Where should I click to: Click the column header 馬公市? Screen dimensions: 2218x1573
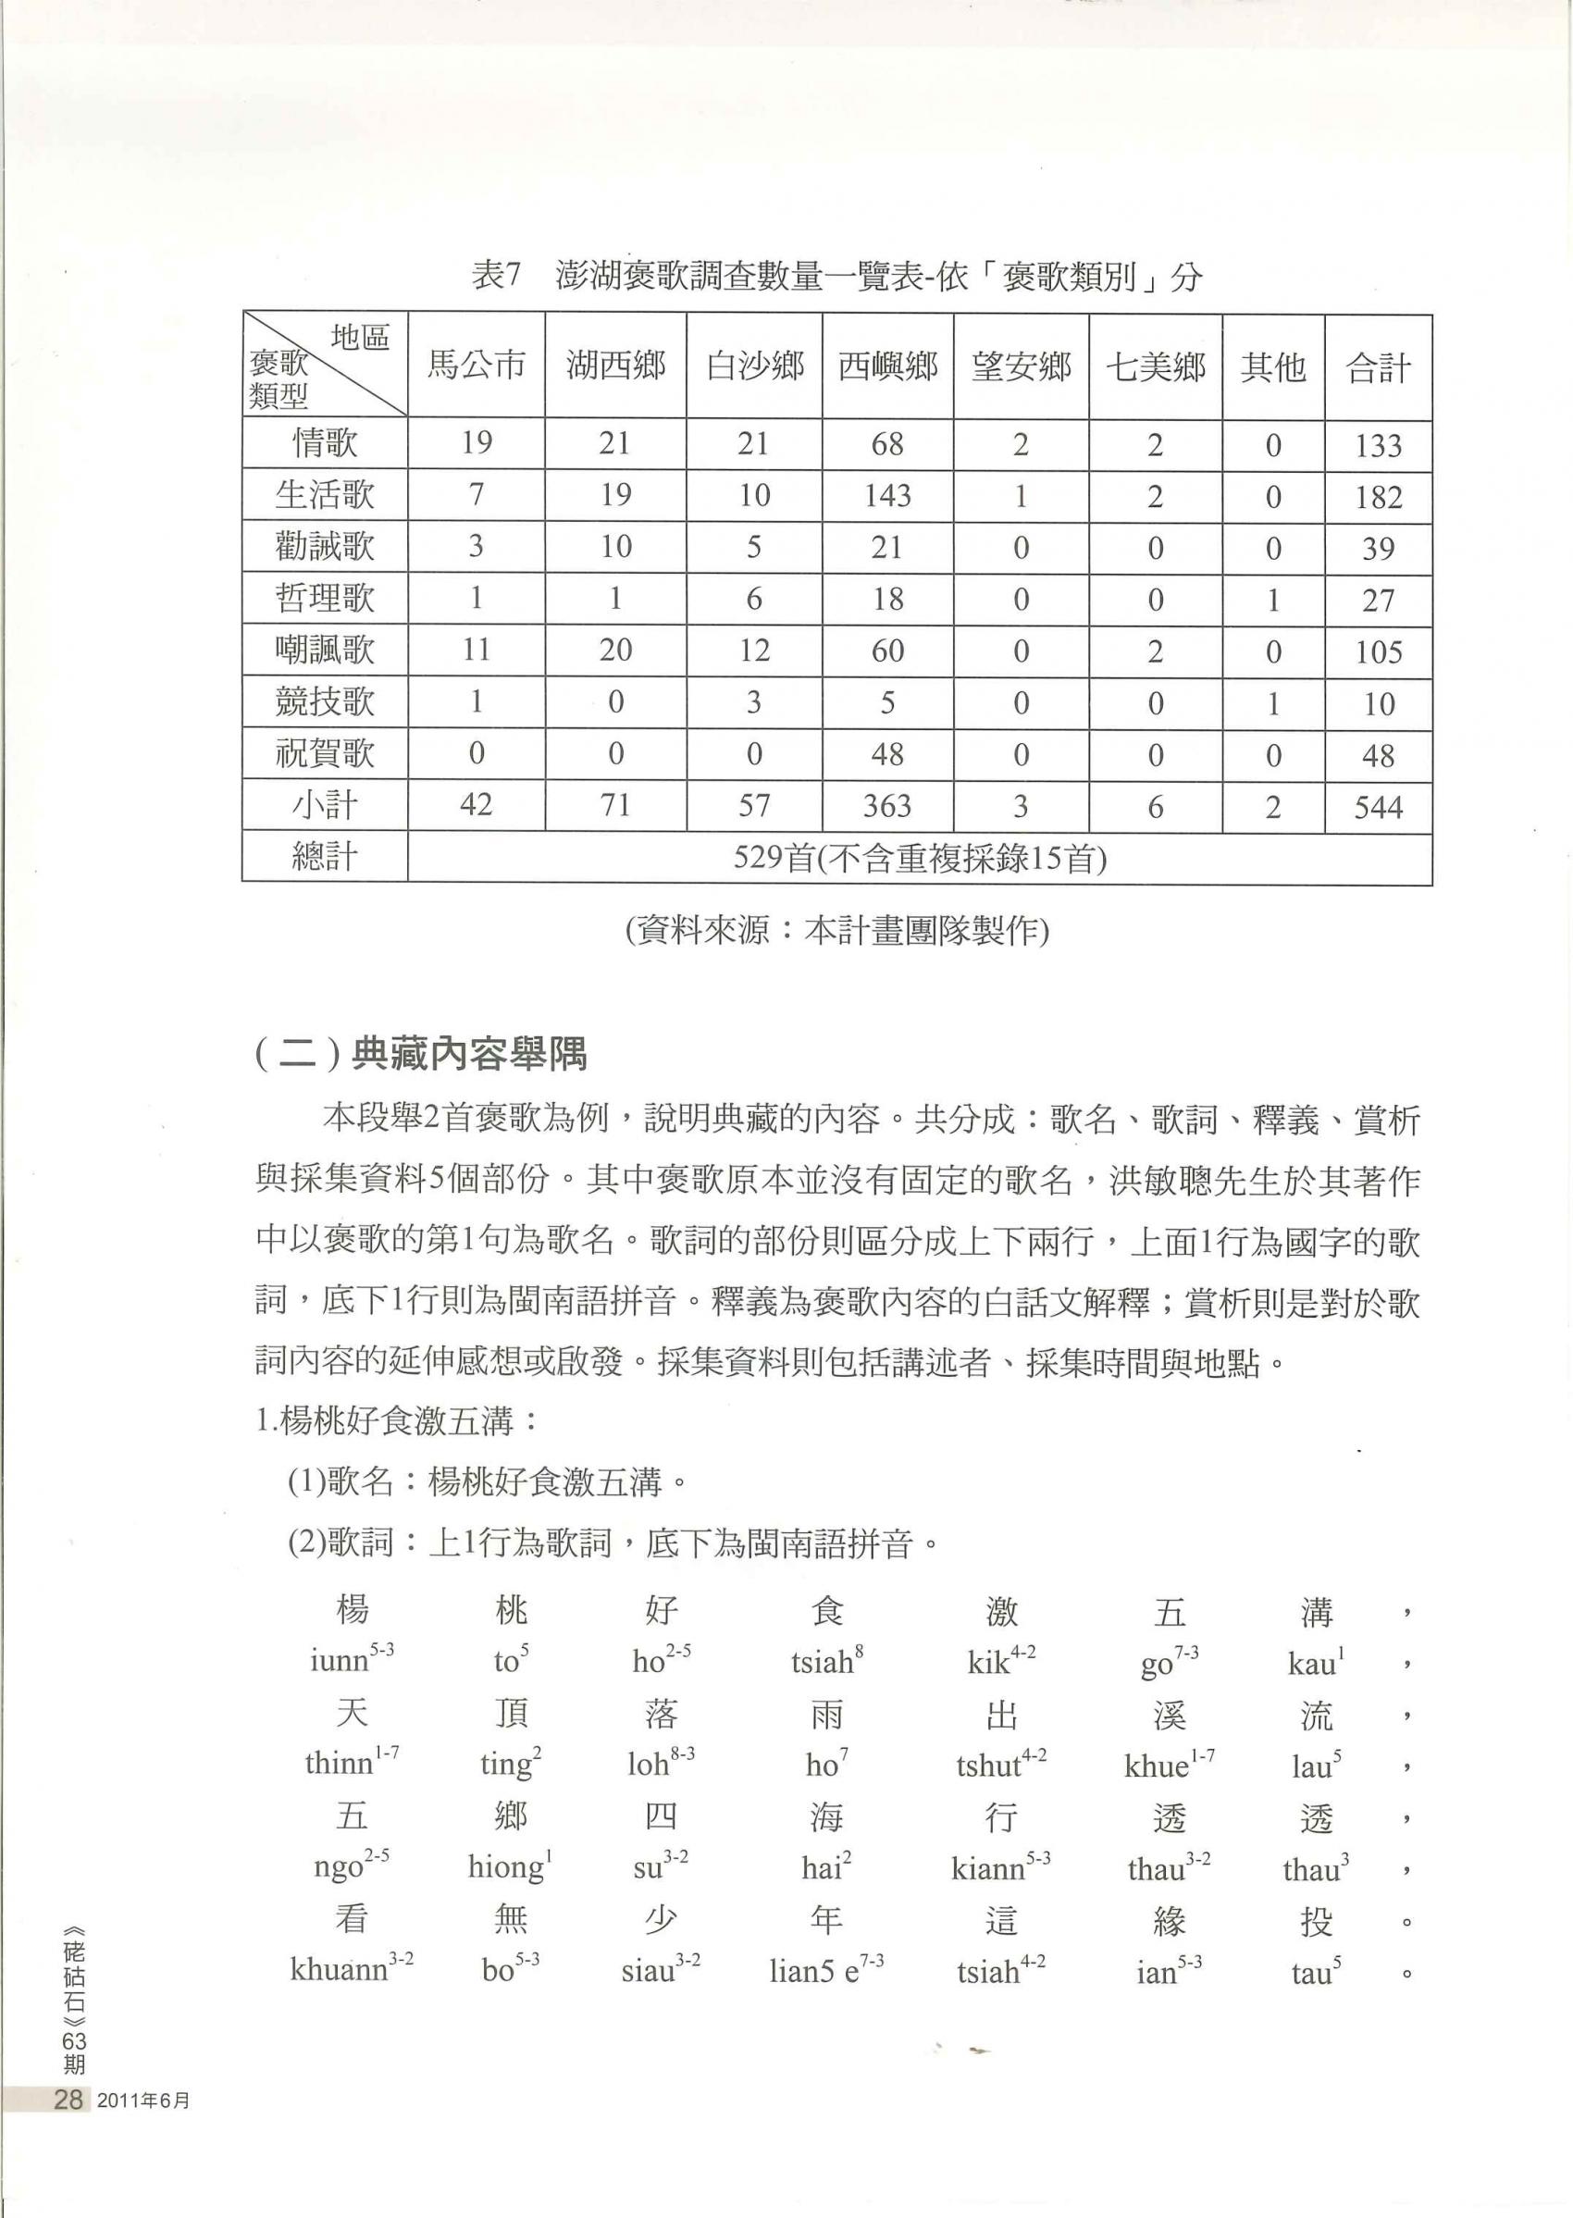(476, 366)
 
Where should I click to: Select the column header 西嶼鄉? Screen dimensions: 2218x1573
(886, 366)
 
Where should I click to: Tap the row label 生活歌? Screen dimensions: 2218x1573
(325, 496)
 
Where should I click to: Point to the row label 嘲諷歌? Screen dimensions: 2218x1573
(325, 650)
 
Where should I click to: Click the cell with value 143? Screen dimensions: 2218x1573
(886, 496)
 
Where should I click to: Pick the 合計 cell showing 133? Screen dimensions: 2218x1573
(1378, 445)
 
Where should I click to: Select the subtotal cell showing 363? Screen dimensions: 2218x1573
(886, 806)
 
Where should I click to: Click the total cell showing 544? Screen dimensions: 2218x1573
(1378, 806)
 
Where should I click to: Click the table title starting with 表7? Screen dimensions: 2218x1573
(836, 277)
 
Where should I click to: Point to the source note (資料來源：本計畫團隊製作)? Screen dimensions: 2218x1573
(836, 931)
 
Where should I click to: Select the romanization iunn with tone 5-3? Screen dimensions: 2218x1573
(352, 1660)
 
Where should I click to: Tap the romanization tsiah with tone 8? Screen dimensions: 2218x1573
(826, 1662)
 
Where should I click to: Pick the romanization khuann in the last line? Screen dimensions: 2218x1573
(352, 1968)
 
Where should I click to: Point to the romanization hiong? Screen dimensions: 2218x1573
(510, 1865)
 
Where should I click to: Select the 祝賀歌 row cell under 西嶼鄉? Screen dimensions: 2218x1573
(886, 754)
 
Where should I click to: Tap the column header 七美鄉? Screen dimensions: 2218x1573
(1155, 366)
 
